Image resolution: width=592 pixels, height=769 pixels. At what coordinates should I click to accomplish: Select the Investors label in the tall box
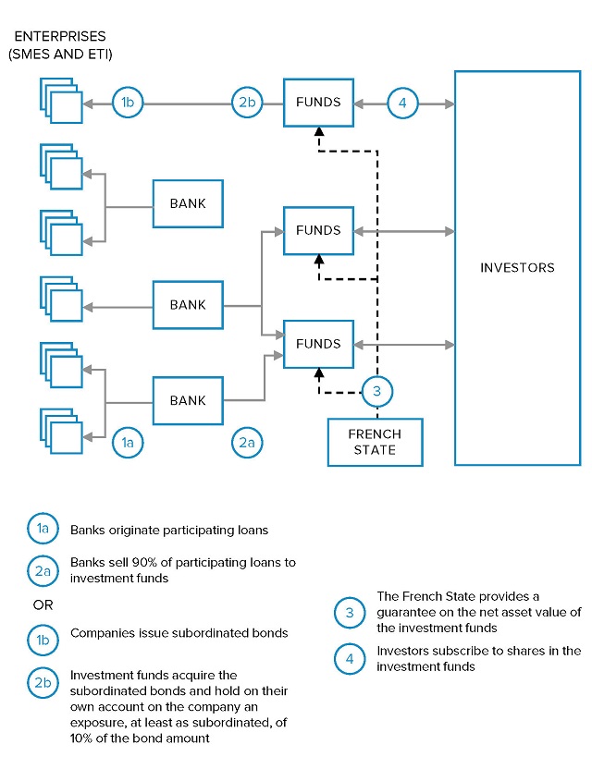(x=517, y=268)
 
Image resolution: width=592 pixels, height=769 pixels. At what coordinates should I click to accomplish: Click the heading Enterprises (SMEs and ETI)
(x=60, y=45)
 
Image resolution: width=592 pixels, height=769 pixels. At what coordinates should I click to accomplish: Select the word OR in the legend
(x=43, y=605)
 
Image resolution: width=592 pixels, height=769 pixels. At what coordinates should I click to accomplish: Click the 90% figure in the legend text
(x=144, y=562)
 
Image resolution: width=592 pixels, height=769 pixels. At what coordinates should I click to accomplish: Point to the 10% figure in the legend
(x=81, y=738)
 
